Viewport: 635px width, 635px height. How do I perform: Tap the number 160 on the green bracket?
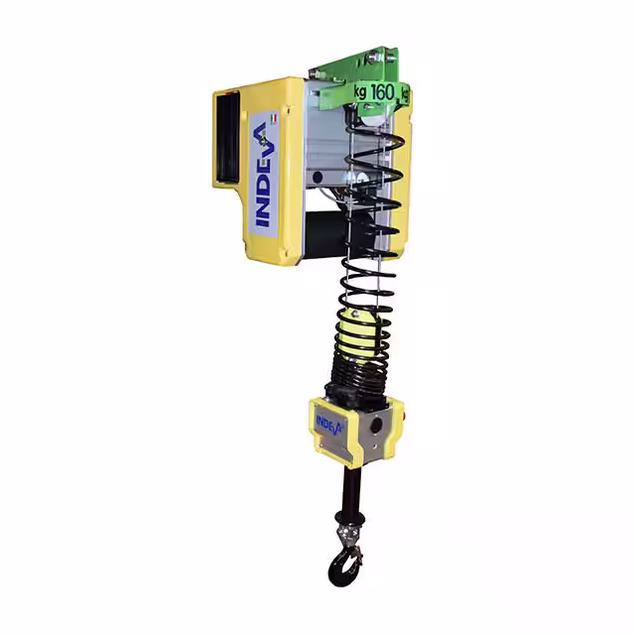(x=382, y=92)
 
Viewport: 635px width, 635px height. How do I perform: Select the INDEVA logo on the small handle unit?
(x=328, y=426)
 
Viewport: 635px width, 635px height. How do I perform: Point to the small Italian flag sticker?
(x=274, y=119)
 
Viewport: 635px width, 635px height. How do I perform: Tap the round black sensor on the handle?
(x=376, y=426)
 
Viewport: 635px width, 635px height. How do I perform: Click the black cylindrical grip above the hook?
(x=350, y=491)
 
